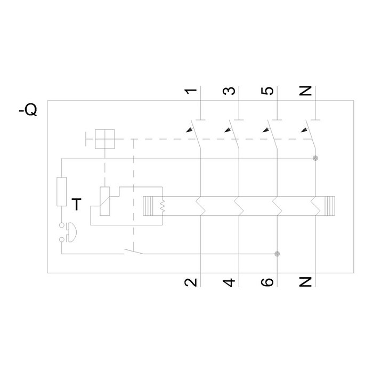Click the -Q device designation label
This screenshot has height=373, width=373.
pyautogui.click(x=28, y=110)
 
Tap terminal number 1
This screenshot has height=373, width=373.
pyautogui.click(x=191, y=91)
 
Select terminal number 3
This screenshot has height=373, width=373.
pyautogui.click(x=229, y=91)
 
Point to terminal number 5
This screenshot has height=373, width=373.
pyautogui.click(x=267, y=91)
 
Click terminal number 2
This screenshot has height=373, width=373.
pyautogui.click(x=191, y=282)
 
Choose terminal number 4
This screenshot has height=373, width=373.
pyautogui.click(x=229, y=282)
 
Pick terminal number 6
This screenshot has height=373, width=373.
pyautogui.click(x=267, y=282)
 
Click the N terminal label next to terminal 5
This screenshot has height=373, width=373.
pyautogui.click(x=305, y=91)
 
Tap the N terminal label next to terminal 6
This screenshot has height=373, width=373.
pyautogui.click(x=305, y=282)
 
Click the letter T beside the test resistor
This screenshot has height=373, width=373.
pyautogui.click(x=76, y=204)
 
